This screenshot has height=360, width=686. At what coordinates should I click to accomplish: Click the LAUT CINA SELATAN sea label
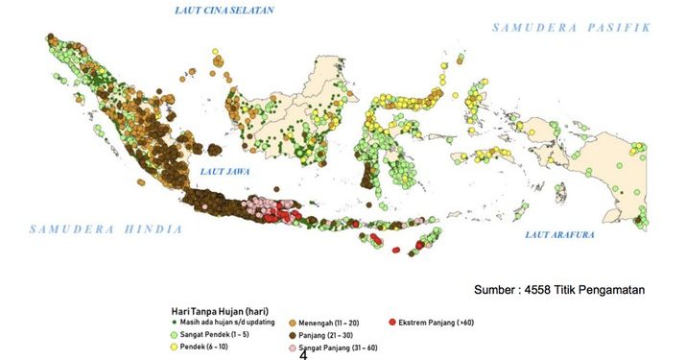point(223,11)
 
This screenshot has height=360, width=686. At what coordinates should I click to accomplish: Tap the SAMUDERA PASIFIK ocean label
point(571,28)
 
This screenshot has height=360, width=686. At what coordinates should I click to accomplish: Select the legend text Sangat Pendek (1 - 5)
point(217,333)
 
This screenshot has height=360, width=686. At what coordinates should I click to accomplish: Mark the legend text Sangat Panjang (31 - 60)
point(335,346)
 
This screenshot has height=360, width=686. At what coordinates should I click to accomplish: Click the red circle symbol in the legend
point(392,324)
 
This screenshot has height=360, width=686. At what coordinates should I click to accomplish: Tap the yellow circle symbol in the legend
point(174,345)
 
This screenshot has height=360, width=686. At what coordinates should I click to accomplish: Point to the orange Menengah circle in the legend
point(292,324)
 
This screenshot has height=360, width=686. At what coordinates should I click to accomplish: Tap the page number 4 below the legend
point(303,354)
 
